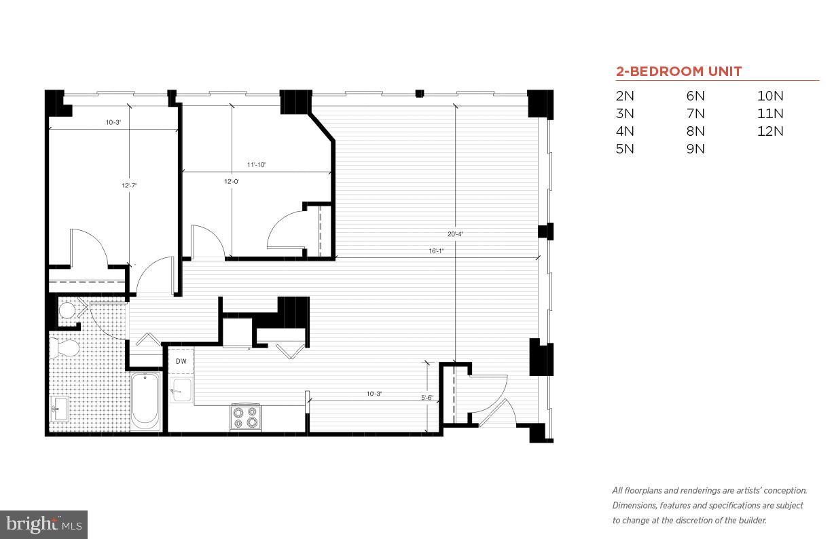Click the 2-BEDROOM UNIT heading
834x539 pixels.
(678, 71)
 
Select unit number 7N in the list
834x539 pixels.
(695, 113)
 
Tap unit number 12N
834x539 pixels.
(770, 131)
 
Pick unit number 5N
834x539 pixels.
(625, 149)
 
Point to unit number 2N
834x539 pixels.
(625, 96)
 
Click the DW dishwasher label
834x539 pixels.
(181, 362)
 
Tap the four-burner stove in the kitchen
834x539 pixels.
(245, 416)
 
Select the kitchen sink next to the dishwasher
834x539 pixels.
(181, 389)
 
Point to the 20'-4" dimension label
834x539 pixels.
(456, 234)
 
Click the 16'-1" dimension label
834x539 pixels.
(436, 250)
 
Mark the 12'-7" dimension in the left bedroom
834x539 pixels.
(130, 185)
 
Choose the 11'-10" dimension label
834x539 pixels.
(257, 164)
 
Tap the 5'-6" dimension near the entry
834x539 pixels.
(427, 398)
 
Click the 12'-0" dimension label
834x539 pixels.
(232, 181)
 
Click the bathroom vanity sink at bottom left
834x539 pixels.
(58, 409)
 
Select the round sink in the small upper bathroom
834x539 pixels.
(67, 311)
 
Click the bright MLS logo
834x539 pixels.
(43, 524)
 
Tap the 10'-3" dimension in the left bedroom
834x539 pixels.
(113, 123)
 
